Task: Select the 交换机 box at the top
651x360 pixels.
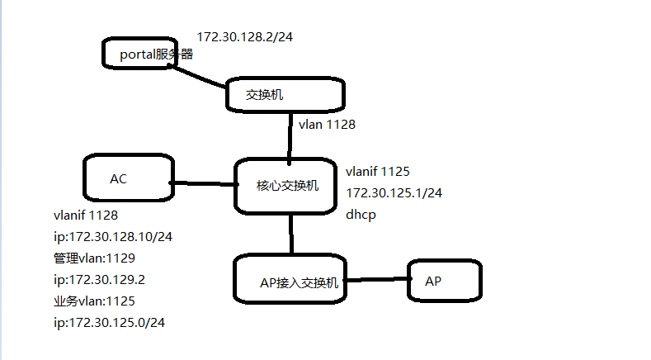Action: [x=284, y=94]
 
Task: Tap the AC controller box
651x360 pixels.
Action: [x=128, y=178]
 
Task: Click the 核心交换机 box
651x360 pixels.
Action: [x=287, y=186]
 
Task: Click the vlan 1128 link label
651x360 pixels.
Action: [x=327, y=125]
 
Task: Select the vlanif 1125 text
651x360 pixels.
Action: [x=378, y=172]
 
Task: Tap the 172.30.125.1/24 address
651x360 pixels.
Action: [x=394, y=193]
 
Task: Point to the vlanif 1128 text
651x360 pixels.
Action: [x=85, y=215]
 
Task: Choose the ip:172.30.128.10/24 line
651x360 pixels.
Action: [x=113, y=236]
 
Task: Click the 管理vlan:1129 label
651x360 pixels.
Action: [x=94, y=258]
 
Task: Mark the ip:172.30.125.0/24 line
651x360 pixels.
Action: [x=110, y=322]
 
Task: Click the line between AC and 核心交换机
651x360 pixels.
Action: [x=204, y=183]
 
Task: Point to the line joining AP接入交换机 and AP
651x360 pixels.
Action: [x=378, y=279]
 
